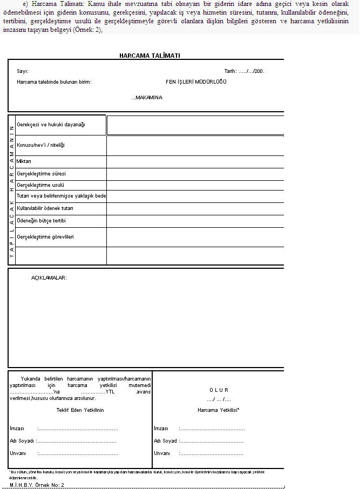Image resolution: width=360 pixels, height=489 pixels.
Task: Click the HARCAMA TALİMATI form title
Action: (150, 56)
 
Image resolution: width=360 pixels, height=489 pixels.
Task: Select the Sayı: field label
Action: (23, 71)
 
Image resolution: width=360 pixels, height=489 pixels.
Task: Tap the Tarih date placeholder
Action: (244, 71)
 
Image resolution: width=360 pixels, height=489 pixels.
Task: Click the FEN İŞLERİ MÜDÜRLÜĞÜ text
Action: (196, 82)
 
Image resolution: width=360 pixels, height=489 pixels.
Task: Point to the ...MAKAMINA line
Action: (146, 98)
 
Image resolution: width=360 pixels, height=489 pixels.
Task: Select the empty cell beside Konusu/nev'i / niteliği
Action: (195, 145)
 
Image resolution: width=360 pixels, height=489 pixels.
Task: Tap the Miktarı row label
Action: (24, 161)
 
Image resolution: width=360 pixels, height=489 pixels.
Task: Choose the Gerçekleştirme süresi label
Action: (42, 174)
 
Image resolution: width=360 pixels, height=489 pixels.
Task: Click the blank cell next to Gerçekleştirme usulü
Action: (195, 185)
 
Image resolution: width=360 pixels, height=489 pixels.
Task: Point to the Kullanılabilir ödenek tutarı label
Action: (45, 208)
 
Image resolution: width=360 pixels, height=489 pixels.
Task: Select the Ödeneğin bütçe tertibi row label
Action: (42, 221)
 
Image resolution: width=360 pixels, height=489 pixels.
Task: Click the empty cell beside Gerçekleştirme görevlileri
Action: (195, 237)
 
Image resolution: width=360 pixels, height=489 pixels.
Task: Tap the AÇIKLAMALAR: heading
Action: (49, 277)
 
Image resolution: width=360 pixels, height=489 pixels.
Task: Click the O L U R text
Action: (219, 390)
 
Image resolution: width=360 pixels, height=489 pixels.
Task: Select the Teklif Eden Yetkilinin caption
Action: (80, 410)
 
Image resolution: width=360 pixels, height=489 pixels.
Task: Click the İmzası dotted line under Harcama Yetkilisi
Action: (212, 429)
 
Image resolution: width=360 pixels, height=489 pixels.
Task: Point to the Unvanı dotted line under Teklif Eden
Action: (78, 453)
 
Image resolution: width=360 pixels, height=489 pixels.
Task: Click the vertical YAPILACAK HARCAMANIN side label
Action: (11, 190)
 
